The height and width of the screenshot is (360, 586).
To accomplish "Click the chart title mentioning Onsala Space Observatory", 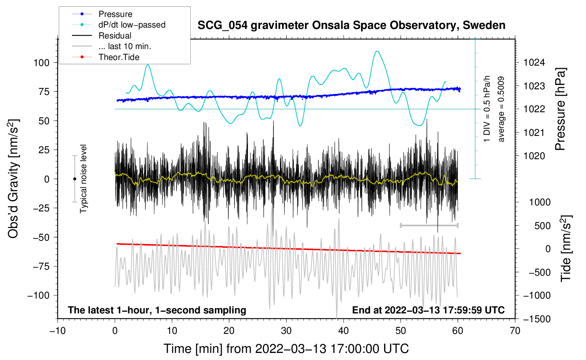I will pyautogui.click(x=351, y=25).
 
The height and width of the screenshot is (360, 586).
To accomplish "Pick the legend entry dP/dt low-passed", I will pyautogui.click(x=132, y=25).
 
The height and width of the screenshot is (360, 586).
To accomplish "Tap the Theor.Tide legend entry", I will pyautogui.click(x=119, y=57).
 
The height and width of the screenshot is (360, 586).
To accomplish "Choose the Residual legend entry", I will pyautogui.click(x=115, y=36).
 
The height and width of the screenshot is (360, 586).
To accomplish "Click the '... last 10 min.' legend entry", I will pyautogui.click(x=125, y=46).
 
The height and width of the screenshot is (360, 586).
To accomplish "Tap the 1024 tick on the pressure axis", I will pyautogui.click(x=534, y=63).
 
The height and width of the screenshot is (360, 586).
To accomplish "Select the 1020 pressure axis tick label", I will pyautogui.click(x=534, y=156).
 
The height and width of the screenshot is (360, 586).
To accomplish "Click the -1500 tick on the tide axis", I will pyautogui.click(x=537, y=319).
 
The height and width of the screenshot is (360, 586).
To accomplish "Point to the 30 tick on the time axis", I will pyautogui.click(x=286, y=331).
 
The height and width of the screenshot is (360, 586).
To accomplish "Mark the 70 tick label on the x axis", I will pyautogui.click(x=515, y=331).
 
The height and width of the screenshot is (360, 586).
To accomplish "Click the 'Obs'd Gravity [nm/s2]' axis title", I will pyautogui.click(x=13, y=179).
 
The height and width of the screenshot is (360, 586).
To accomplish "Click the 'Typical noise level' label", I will pyautogui.click(x=83, y=179).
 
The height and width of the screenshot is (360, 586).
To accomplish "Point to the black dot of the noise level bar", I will pyautogui.click(x=74, y=179).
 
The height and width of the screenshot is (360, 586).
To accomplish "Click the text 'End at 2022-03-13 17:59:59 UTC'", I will pyautogui.click(x=428, y=310).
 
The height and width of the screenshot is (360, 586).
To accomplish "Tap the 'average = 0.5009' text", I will pyautogui.click(x=501, y=109).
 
